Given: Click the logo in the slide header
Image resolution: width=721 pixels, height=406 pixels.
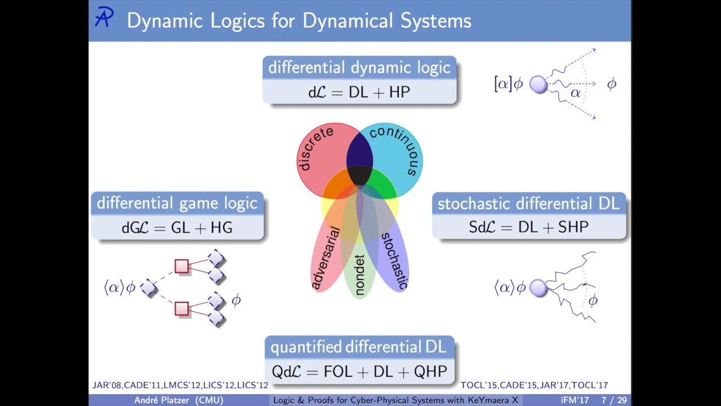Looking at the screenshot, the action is [x=104, y=17].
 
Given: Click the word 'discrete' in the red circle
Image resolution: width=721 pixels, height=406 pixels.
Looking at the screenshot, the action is [x=315, y=148].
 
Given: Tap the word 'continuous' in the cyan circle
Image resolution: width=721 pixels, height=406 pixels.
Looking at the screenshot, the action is [x=398, y=149].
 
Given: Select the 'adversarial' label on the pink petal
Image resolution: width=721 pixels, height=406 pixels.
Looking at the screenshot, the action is [x=326, y=258].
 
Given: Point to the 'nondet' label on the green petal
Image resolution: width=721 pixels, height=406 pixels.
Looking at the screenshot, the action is [x=359, y=275].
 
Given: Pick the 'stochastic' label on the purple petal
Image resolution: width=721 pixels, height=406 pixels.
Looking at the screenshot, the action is [x=395, y=261].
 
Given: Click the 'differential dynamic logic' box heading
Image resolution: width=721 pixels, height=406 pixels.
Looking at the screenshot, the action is [x=359, y=68].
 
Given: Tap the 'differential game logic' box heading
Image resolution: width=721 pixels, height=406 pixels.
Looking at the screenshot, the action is [x=177, y=204].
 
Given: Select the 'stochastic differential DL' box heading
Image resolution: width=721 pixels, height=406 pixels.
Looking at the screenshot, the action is [x=528, y=204].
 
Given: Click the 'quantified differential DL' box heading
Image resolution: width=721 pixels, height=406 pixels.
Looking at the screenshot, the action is [x=359, y=347].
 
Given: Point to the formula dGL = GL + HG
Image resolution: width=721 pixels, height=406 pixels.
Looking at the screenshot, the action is [x=177, y=228].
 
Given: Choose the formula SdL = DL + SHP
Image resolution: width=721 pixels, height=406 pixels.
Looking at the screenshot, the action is [x=528, y=227].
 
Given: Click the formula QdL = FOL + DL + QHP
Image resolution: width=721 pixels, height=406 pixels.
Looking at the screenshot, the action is [x=359, y=372].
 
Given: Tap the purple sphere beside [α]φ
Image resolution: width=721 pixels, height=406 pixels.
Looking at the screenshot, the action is [x=538, y=84].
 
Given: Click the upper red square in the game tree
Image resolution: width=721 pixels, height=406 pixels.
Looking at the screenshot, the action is [x=181, y=267].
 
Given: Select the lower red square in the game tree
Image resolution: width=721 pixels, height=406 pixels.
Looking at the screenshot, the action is [x=181, y=308].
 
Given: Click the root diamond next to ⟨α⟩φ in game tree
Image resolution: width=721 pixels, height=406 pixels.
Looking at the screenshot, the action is [x=149, y=288].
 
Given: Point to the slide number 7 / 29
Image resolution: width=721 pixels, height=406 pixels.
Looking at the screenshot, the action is [x=614, y=400].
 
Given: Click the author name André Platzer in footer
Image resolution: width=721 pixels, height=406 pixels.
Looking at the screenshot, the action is [x=162, y=400].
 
